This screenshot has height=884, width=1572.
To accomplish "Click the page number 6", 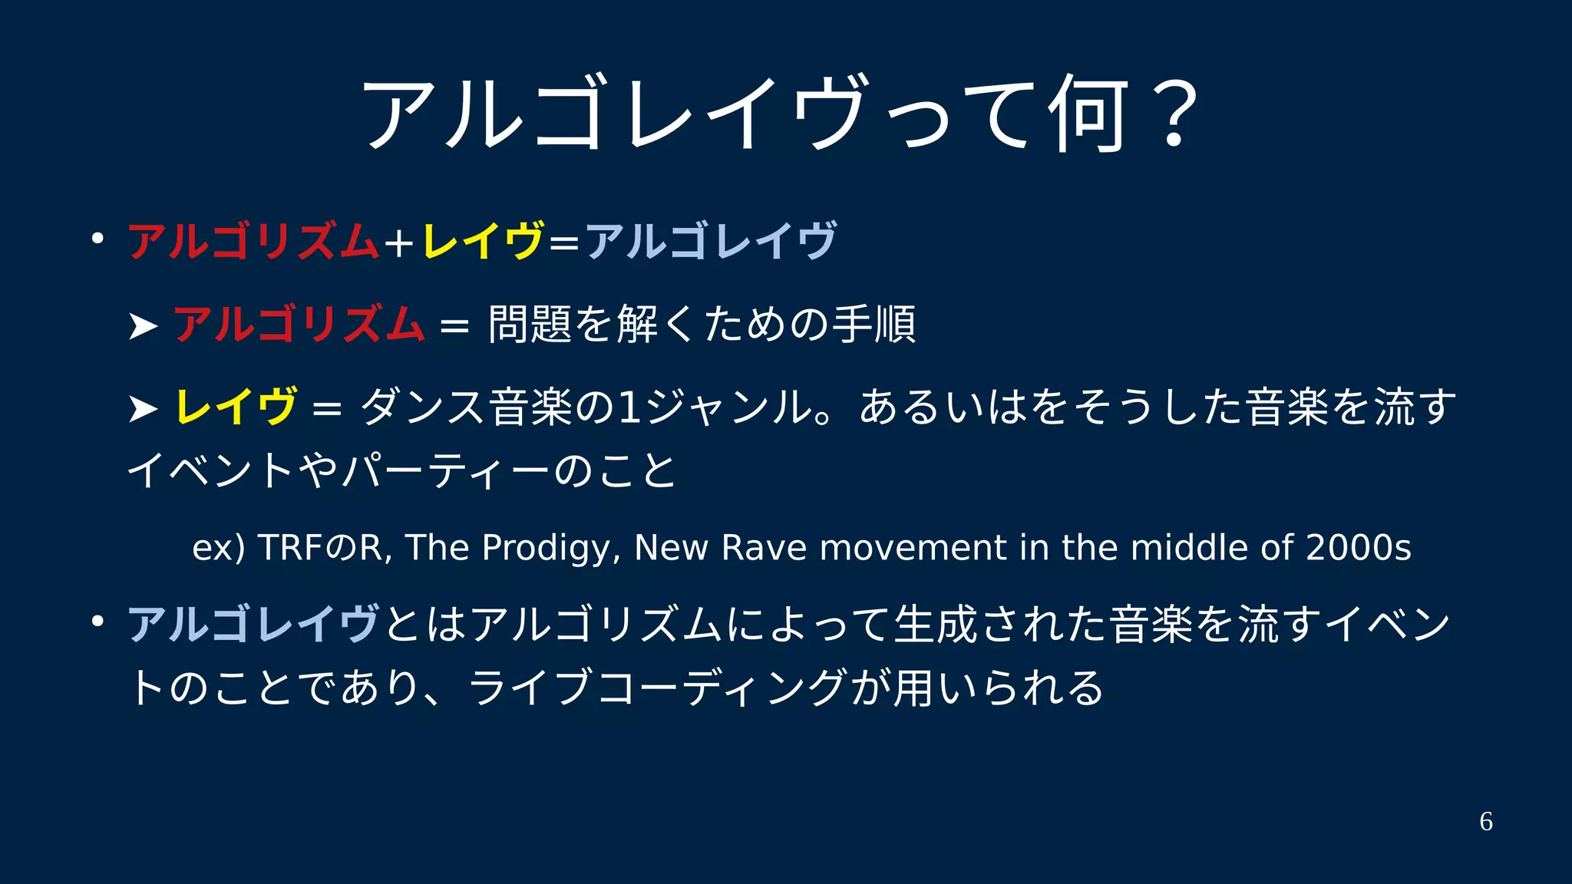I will click(1486, 822).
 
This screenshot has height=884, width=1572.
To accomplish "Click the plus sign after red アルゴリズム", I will click(399, 243).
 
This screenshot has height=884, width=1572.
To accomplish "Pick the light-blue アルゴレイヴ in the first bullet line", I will click(711, 240).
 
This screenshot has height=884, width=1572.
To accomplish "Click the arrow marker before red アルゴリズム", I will click(143, 327).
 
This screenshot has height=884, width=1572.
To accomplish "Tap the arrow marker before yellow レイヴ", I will click(143, 409).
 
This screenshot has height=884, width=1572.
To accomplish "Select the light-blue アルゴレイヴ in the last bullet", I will click(253, 623).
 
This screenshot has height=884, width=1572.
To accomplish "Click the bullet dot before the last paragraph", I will click(97, 621).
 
